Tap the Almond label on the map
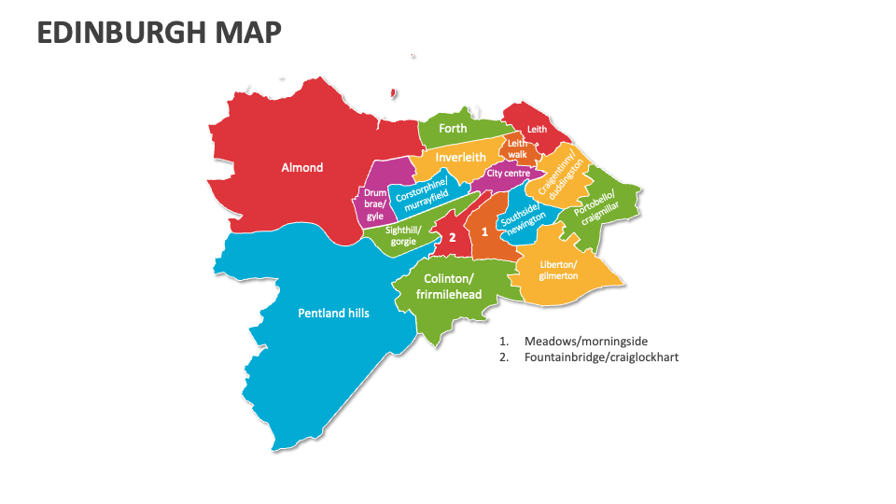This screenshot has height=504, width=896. pos(302,168)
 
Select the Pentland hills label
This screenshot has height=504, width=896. pos(333,313)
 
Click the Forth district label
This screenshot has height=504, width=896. pos(453,129)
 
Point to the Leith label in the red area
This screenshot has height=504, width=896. pos(537,130)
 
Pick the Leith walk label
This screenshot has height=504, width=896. pos(517,148)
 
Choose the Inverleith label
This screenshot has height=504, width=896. pos(460,157)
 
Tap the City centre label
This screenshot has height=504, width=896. pos(509,173)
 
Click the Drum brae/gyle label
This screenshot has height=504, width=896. pos(375,204)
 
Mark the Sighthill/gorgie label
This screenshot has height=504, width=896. pos(403,235)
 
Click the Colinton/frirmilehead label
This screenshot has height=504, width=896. pos(449,287)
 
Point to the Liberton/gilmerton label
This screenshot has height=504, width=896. pos(559,271)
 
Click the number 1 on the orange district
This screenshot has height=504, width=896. pos(484,232)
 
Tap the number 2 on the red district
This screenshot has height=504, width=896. pos(453,238)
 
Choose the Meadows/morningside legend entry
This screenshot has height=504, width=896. pos(585,342)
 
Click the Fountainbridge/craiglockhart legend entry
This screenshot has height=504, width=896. pos(601,357)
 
